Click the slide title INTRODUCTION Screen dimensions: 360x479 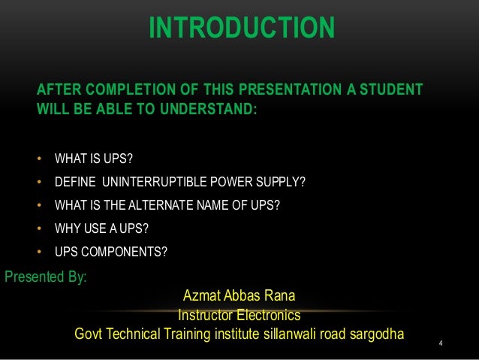(x=241, y=29)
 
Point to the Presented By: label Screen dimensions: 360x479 (x=46, y=277)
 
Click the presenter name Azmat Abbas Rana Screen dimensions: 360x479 (x=239, y=297)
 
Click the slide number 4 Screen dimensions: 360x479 (x=441, y=345)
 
